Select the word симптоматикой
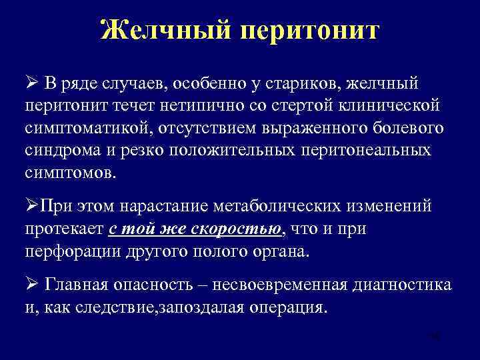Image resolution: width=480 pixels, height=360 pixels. click(x=86, y=127)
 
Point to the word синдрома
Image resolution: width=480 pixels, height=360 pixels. click(x=58, y=149)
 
